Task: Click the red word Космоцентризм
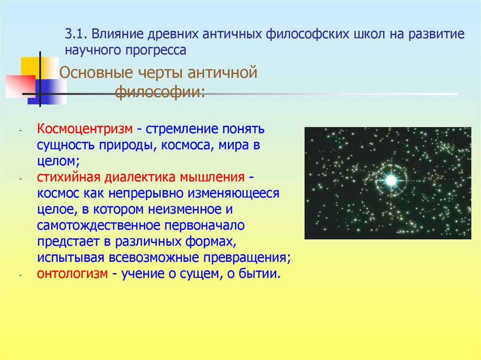84,129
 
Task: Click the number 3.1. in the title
76,34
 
